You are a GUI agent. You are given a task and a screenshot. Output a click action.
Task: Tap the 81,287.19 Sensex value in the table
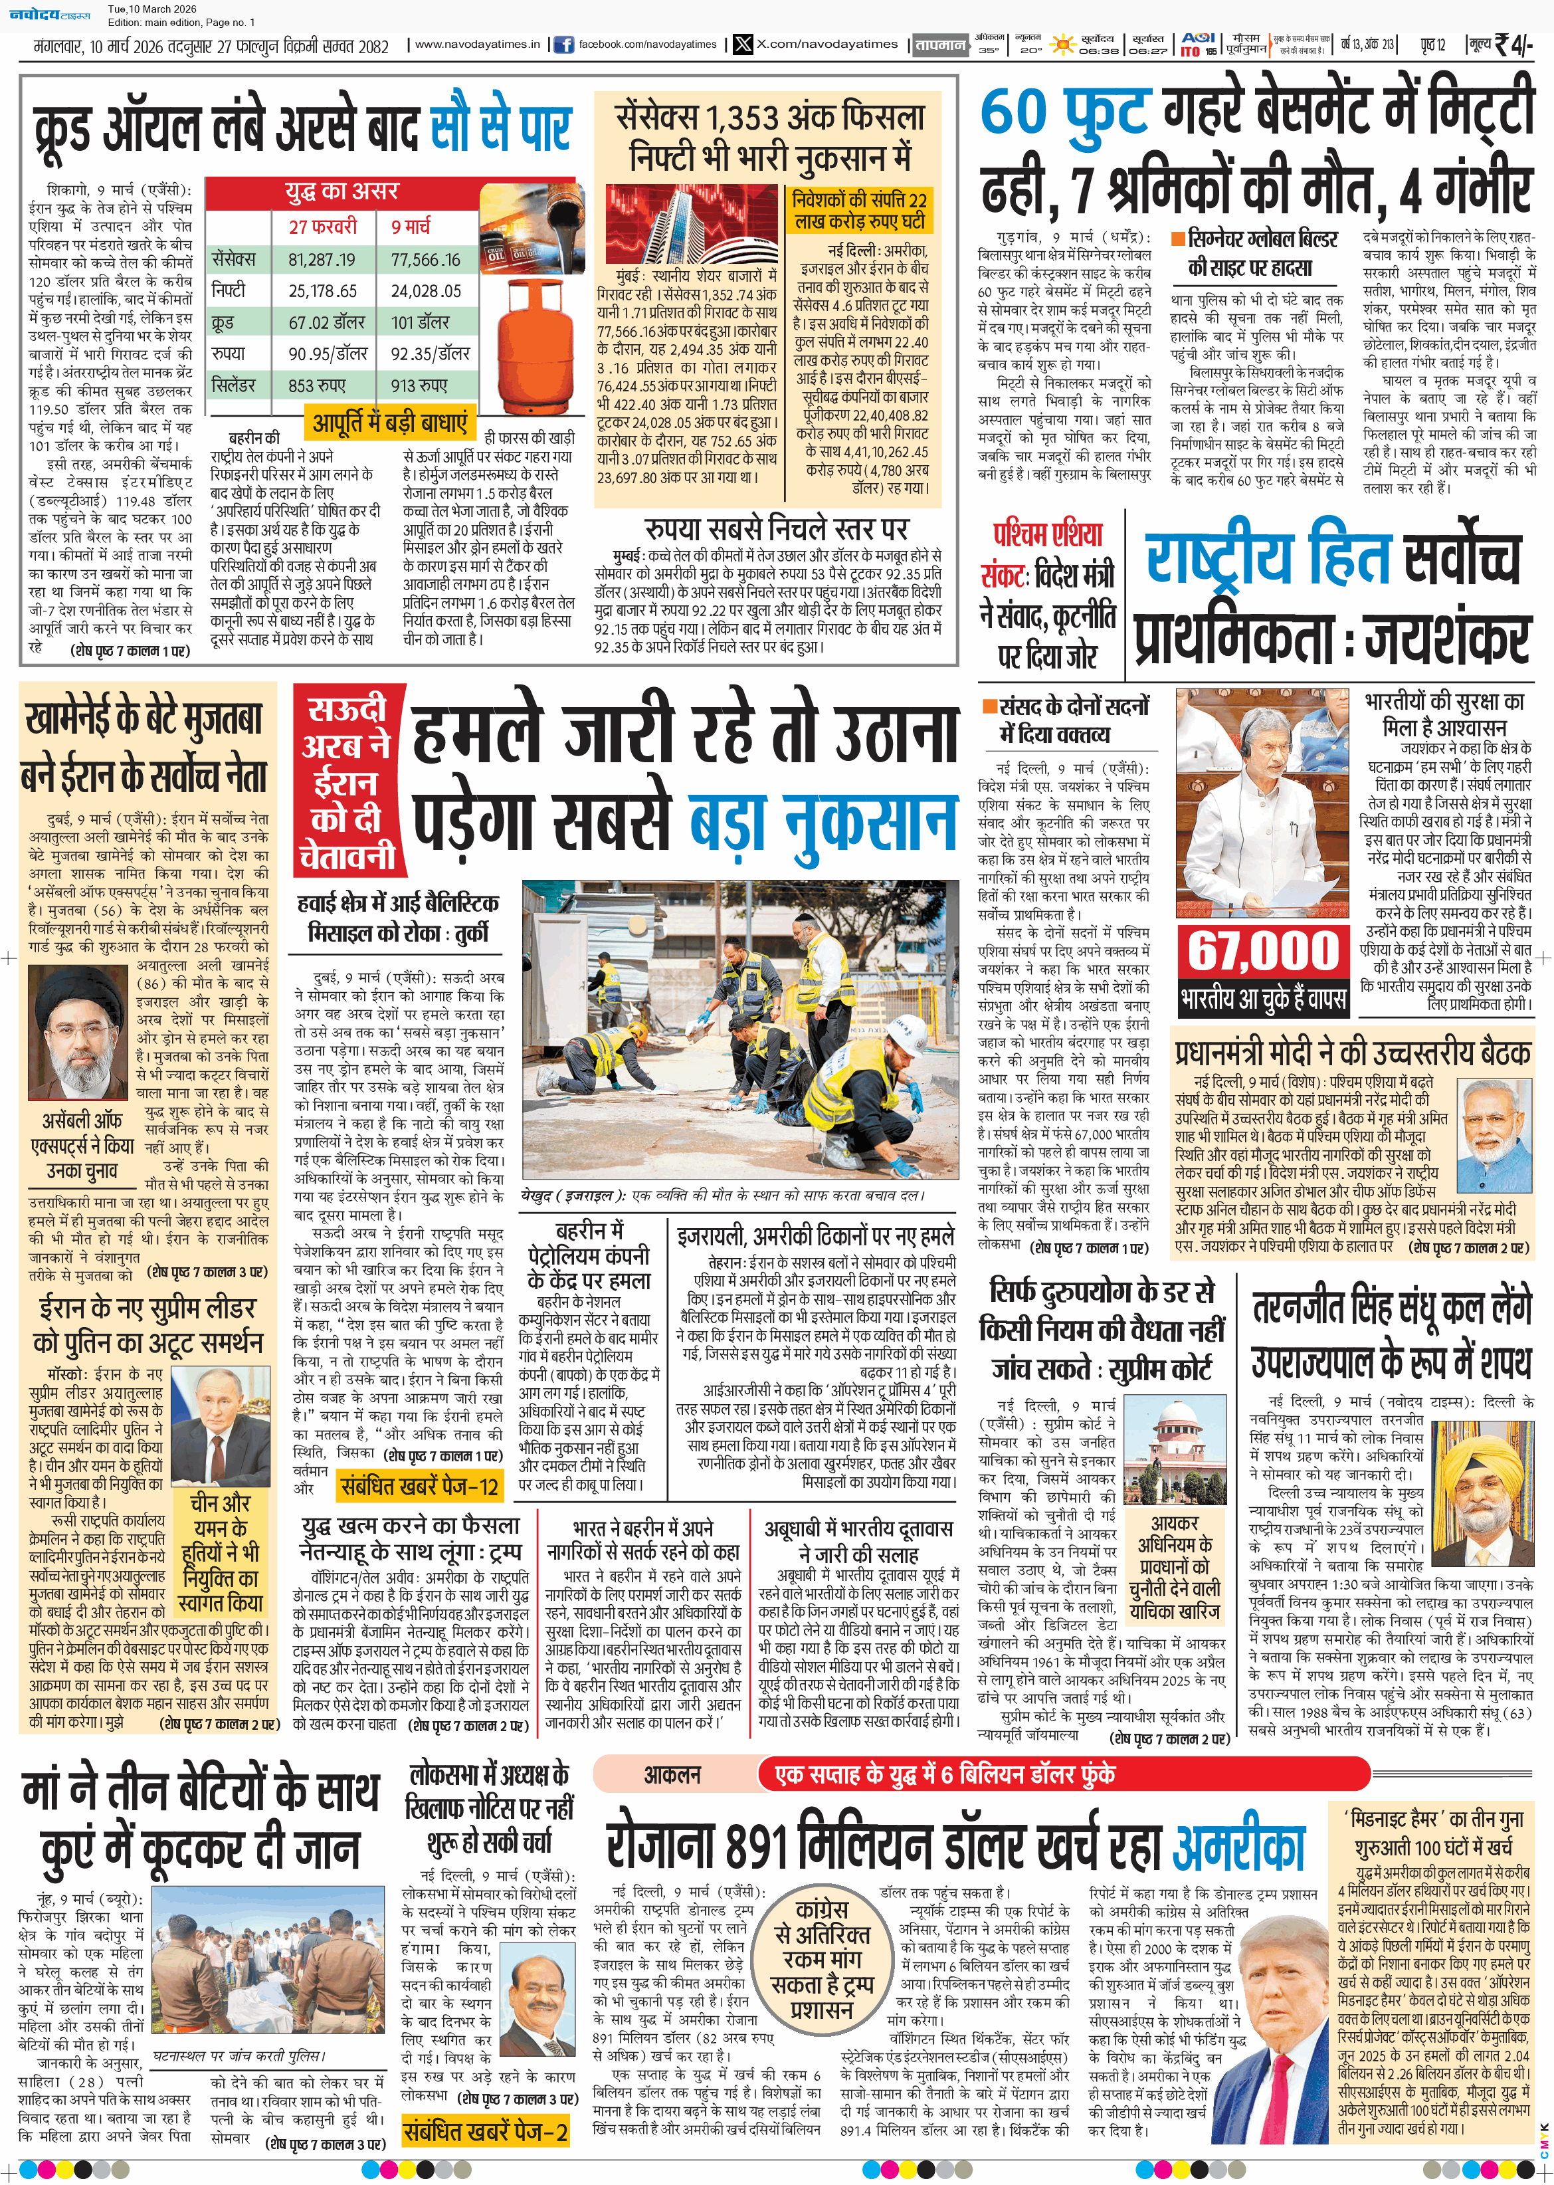coord(322,259)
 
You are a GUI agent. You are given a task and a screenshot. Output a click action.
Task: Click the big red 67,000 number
coord(1263,950)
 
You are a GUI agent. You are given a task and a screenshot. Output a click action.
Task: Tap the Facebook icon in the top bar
coord(563,44)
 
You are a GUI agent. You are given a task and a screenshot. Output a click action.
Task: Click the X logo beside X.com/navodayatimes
coord(743,44)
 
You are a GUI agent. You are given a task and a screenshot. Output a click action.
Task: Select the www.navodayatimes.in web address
coord(476,44)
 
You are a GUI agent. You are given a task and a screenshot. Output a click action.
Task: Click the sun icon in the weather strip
coord(1061,44)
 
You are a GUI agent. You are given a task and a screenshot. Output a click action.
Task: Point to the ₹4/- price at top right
coord(1512,44)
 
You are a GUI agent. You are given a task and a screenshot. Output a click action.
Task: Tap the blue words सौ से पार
coord(500,128)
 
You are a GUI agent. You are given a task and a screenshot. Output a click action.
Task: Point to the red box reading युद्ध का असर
coord(341,191)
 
